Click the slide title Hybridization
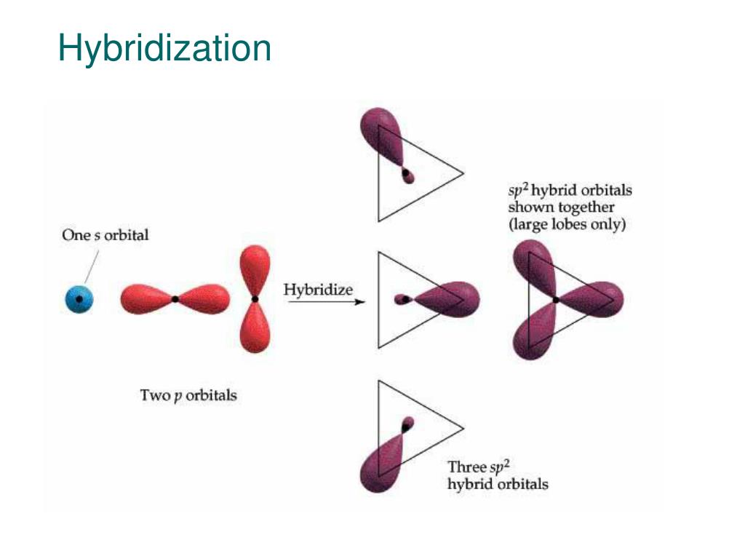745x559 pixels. click(164, 48)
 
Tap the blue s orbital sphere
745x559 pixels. click(79, 298)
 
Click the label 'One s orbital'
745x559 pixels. click(105, 235)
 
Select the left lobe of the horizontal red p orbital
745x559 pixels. click(146, 298)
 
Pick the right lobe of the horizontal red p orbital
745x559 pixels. click(204, 298)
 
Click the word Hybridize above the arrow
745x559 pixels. click(318, 289)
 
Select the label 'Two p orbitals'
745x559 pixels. click(188, 396)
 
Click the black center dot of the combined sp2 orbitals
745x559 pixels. click(557, 299)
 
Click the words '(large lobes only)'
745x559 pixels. click(567, 224)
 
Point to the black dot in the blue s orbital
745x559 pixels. click(79, 298)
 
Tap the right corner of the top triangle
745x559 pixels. click(463, 173)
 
